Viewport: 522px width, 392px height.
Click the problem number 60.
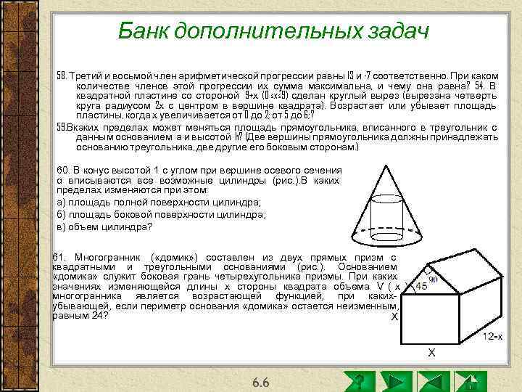click(65, 169)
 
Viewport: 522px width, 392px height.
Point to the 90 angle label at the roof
click(432, 278)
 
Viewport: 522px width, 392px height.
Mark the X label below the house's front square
click(431, 353)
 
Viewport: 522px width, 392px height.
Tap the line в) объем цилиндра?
click(104, 226)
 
